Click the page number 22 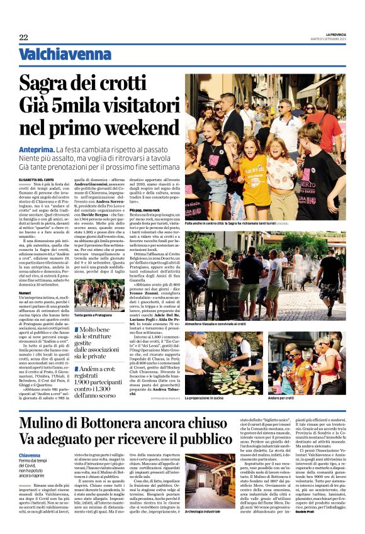coord(23,38)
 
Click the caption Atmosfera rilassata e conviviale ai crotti coord(223,325)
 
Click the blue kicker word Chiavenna coord(30,455)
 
